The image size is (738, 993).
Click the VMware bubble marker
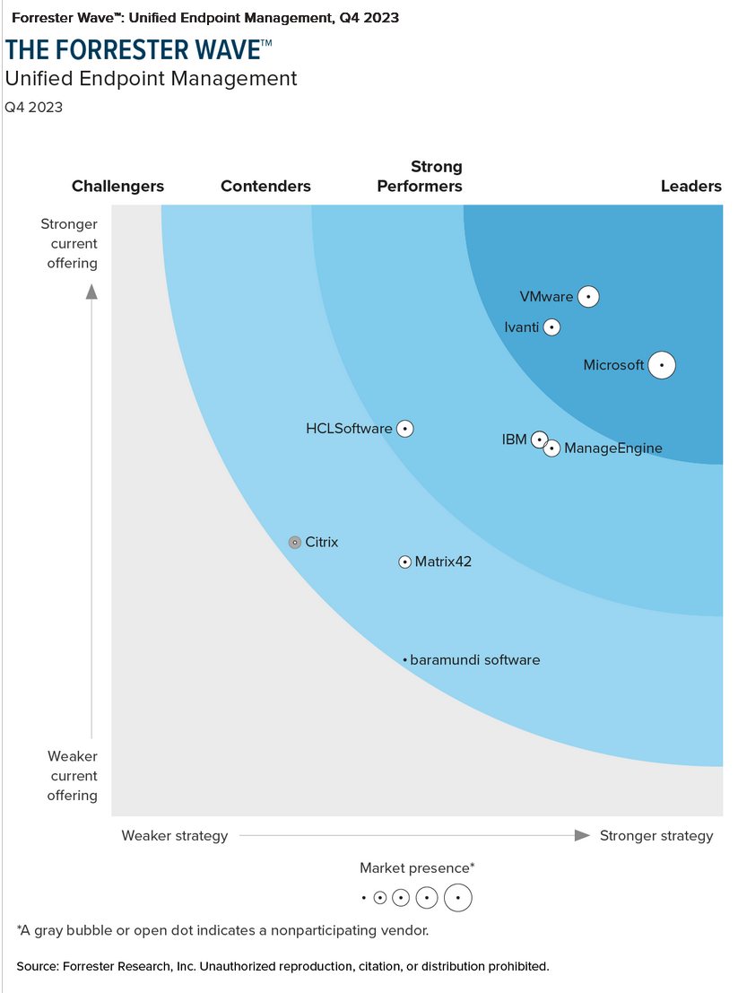tap(588, 297)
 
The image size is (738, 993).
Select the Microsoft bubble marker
tap(662, 365)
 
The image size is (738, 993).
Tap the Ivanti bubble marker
tap(552, 327)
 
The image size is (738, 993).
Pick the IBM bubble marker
tap(539, 440)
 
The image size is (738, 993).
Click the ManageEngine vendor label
tap(613, 449)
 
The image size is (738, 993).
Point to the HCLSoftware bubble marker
tap(405, 429)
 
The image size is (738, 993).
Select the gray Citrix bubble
tap(295, 543)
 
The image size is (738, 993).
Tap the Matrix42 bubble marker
tap(405, 562)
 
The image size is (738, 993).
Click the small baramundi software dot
tap(405, 660)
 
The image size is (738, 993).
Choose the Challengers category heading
tap(117, 187)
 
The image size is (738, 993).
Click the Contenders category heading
tap(265, 187)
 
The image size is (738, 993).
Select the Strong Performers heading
tap(420, 177)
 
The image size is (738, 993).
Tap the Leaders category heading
tap(690, 187)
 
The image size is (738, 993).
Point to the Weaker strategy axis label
tap(175, 836)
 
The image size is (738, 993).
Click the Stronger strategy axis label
tap(656, 836)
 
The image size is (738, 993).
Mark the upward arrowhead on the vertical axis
tap(91, 291)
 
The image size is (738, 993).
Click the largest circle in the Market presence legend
tap(458, 897)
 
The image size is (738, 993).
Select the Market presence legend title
tap(417, 867)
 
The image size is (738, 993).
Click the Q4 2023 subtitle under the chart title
tap(34, 108)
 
